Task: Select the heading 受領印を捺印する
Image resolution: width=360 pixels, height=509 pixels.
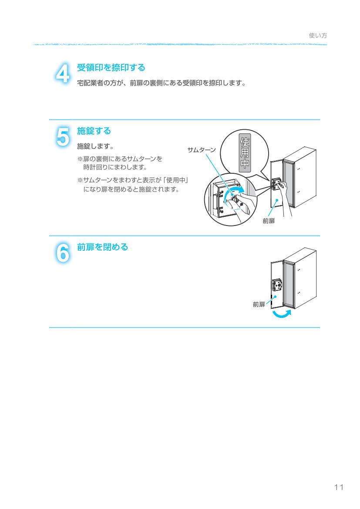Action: pos(111,68)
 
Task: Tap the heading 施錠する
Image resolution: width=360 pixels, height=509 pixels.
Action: pos(94,131)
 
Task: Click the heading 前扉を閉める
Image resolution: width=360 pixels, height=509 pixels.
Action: pos(102,247)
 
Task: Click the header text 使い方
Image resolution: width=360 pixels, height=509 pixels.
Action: pos(318,36)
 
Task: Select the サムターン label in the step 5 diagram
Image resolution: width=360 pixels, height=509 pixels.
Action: pos(201,149)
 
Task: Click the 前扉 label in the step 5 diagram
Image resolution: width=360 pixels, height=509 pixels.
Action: pos(269,221)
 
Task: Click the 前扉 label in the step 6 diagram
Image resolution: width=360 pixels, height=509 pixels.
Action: pos(259,304)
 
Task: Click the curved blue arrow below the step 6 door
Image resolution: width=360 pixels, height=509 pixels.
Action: pos(279,314)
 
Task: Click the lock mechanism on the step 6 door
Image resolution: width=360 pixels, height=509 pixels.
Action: pos(277,286)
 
